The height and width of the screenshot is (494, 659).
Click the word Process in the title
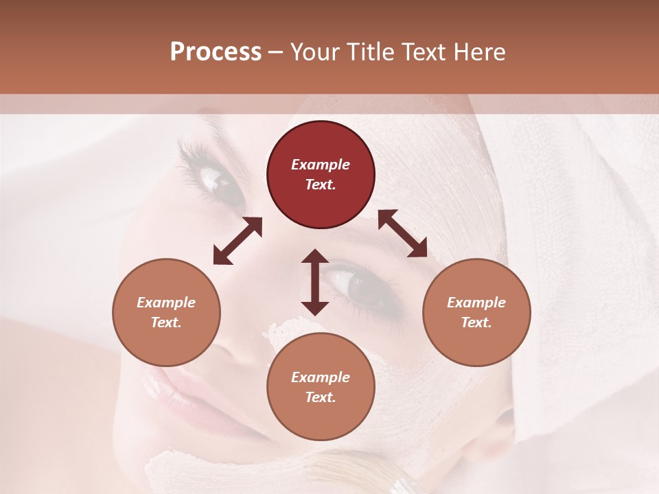point(216,52)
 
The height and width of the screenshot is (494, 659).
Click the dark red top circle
point(321,174)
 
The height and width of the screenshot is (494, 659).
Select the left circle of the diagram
point(166,312)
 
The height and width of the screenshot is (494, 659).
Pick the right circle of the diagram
point(476,312)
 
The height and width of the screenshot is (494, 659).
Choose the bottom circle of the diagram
point(321,387)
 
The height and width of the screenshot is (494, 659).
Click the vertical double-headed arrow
point(315,282)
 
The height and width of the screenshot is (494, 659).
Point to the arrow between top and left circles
point(238,240)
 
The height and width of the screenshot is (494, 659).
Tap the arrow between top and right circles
point(403,233)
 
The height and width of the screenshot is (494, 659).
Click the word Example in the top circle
point(321,165)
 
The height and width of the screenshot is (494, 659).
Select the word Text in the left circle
point(165,322)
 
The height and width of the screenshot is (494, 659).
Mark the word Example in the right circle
point(476,303)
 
